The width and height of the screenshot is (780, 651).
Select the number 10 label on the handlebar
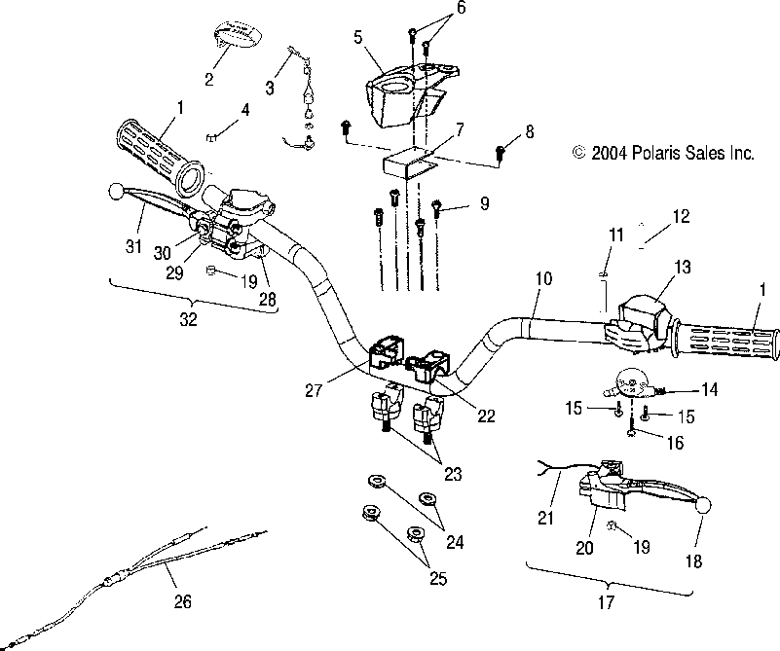point(542,279)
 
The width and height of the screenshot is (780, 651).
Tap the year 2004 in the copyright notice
point(611,153)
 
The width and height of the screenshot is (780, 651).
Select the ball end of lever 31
point(118,190)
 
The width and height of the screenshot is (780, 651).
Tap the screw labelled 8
point(501,152)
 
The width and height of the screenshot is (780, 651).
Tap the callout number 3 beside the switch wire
point(269,88)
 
